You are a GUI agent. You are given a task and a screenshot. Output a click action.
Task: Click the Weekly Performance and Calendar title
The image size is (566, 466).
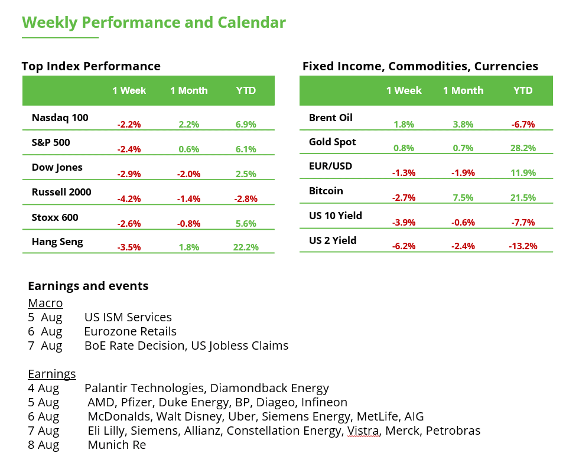[154, 23]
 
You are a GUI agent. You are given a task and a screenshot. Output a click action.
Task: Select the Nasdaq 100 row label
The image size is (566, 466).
[60, 118]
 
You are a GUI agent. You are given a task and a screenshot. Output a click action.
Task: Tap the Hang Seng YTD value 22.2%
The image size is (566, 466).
[246, 247]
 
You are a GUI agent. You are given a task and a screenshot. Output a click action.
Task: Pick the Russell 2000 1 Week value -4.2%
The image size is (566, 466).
[129, 199]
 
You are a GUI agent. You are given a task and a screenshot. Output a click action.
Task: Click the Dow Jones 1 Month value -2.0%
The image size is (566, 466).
[189, 174]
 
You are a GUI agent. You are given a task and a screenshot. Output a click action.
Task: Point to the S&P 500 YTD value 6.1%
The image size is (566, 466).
[246, 149]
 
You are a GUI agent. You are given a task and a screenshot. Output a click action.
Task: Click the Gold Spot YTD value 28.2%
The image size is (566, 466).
[523, 148]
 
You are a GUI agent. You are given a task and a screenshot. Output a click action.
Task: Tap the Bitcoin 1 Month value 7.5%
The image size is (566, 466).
[463, 198]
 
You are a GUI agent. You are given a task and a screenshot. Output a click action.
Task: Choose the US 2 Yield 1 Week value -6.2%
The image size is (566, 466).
[404, 246]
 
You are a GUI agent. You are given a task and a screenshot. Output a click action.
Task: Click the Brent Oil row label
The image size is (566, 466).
[330, 118]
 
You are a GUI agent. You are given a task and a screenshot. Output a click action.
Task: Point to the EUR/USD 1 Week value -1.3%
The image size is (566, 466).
[404, 173]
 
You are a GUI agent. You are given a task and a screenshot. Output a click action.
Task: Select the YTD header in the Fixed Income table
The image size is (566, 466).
[523, 90]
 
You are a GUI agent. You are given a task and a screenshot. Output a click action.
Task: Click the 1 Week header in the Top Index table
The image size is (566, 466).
[129, 90]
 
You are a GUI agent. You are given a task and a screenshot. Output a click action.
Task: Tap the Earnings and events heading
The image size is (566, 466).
[88, 286]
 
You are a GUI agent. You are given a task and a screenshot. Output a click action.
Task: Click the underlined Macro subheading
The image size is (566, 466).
[45, 303]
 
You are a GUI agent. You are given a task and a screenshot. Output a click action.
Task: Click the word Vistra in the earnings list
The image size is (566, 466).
[363, 431]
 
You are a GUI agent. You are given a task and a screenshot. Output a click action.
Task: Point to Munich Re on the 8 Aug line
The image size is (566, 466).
[116, 445]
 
